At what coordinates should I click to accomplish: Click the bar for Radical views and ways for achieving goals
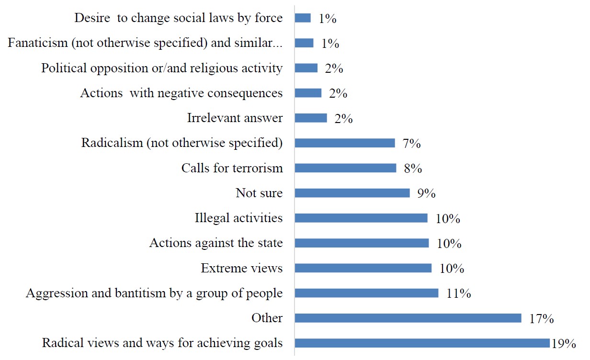tap(422, 343)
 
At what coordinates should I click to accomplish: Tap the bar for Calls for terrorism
tap(345, 168)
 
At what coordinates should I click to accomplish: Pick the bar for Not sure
tap(352, 193)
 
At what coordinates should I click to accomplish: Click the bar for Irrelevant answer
tap(311, 118)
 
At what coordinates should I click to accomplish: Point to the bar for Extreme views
tap(363, 268)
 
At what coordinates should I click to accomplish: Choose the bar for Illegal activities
tap(361, 218)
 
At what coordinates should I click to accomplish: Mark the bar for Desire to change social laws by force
tap(303, 18)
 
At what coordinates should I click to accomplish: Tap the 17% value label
tap(542, 319)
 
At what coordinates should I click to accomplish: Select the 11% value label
tap(458, 293)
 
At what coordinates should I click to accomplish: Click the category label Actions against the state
tap(216, 243)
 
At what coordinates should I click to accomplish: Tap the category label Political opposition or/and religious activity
tap(162, 68)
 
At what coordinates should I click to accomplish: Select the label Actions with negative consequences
tap(181, 93)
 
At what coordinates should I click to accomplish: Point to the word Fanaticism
tap(37, 43)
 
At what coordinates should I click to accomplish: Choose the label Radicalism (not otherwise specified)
tap(182, 143)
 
